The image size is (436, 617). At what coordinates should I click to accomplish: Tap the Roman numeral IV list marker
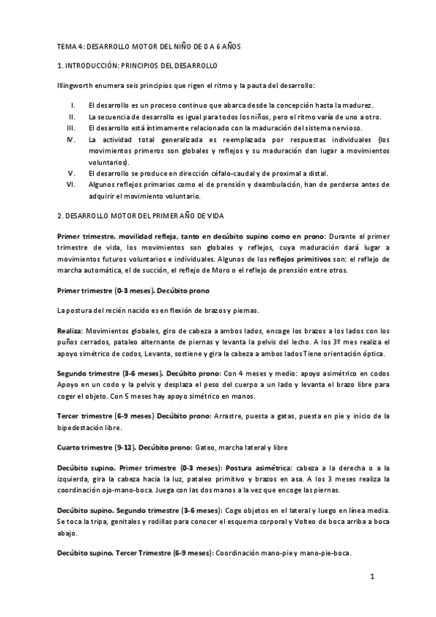point(70,138)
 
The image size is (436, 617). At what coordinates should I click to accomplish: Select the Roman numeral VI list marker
point(71,185)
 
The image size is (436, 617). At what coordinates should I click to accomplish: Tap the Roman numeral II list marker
point(71,116)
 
